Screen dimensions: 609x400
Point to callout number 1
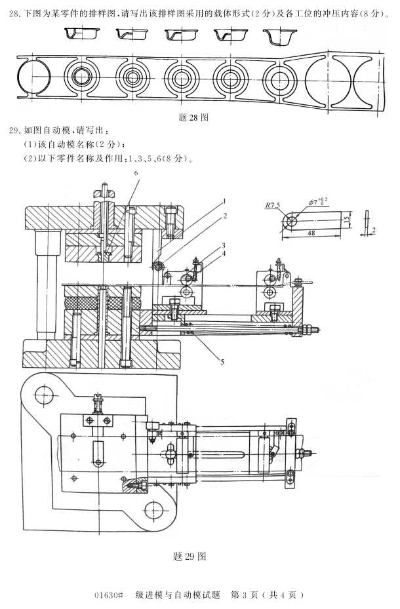click(224, 201)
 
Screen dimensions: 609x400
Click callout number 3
click(224, 244)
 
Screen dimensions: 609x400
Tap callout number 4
click(224, 253)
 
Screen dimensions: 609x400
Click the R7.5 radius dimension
click(273, 205)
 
